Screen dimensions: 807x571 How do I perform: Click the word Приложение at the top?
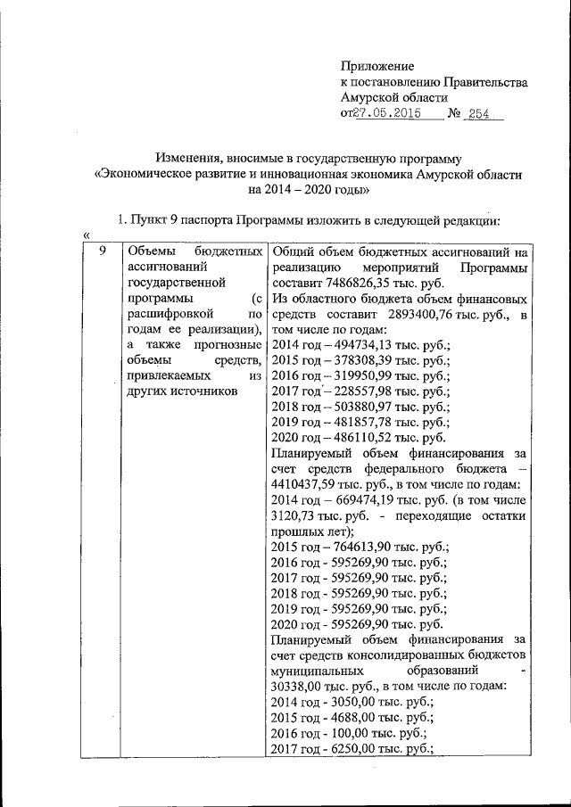pos(377,66)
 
